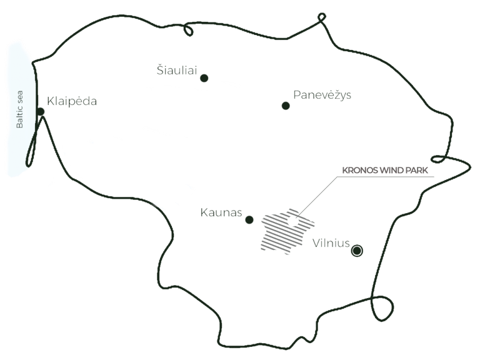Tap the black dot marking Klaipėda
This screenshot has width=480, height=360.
40,112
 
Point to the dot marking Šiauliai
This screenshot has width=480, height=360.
204,78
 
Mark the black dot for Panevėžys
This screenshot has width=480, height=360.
285,106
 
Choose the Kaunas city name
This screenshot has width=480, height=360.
221,213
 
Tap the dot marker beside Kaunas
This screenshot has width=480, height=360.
249,219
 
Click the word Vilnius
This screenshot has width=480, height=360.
331,243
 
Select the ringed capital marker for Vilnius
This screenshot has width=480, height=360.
357,251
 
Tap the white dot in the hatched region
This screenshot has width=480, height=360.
292,221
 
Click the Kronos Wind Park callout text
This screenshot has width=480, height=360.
384,170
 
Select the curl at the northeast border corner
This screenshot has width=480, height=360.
321,21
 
